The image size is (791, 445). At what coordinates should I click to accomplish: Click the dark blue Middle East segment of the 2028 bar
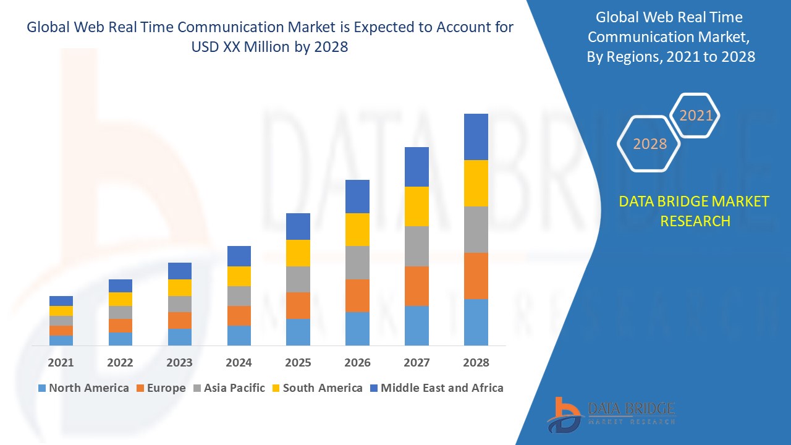click(476, 137)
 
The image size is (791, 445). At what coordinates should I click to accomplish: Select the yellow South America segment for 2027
click(417, 206)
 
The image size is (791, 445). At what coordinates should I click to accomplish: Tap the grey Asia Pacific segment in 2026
click(357, 263)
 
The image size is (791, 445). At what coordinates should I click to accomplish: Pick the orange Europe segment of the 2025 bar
click(298, 305)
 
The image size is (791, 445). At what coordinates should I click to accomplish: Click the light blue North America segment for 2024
click(239, 335)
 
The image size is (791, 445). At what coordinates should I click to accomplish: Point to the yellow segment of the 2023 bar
click(180, 287)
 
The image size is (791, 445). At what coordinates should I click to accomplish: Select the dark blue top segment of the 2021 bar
click(61, 301)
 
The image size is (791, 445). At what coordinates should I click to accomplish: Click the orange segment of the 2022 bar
click(121, 326)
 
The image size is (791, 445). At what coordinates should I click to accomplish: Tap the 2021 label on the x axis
click(61, 363)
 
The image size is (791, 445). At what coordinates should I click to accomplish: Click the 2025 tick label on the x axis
click(298, 363)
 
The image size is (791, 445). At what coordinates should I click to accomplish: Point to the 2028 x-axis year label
click(476, 363)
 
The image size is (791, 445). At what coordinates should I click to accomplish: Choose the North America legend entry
click(83, 388)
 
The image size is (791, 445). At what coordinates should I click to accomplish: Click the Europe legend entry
click(161, 388)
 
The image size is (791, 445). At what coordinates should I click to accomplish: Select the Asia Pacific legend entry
click(229, 388)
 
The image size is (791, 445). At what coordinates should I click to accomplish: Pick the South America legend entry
click(317, 388)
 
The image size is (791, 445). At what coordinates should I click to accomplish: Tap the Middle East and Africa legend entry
click(436, 388)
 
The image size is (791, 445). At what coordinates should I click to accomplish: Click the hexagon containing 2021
click(696, 116)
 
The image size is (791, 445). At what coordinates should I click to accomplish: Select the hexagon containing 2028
click(649, 143)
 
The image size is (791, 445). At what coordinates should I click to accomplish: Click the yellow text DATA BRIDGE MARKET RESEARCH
click(694, 211)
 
